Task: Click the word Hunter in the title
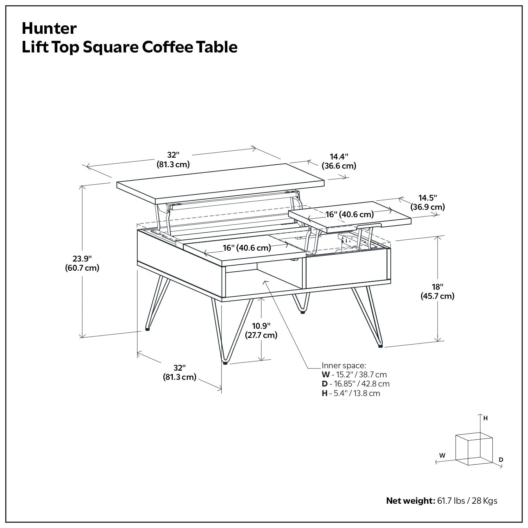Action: click(49, 29)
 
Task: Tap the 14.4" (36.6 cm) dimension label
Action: click(339, 161)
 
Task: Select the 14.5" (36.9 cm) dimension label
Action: click(427, 202)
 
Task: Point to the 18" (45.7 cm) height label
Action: click(438, 291)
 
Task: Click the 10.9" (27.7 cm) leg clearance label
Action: click(261, 330)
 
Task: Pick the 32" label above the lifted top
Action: click(173, 159)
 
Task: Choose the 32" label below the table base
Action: click(179, 372)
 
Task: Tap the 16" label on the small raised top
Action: click(349, 214)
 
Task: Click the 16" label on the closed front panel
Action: click(247, 248)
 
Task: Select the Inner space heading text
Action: click(344, 365)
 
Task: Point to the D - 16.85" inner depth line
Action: click(355, 384)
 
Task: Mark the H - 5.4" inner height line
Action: click(351, 393)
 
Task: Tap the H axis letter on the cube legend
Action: click(485, 418)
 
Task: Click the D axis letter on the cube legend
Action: click(501, 460)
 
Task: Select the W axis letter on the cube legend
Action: click(442, 455)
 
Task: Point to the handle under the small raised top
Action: click(370, 225)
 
